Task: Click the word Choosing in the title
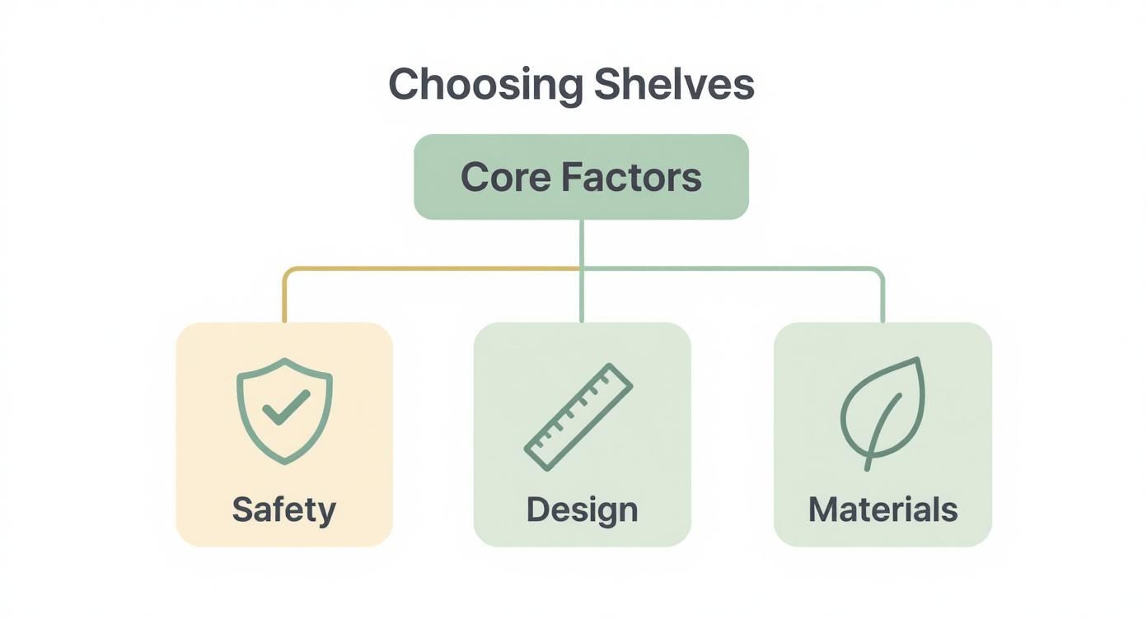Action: point(485,85)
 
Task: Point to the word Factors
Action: point(632,178)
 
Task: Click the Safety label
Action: point(284,510)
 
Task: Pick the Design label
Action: point(582,510)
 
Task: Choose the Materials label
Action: point(882,510)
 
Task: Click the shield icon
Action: point(284,410)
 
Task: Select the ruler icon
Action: point(578,417)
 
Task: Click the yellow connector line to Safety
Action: point(412,268)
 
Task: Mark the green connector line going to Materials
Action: point(742,268)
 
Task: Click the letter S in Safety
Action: point(241,510)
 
